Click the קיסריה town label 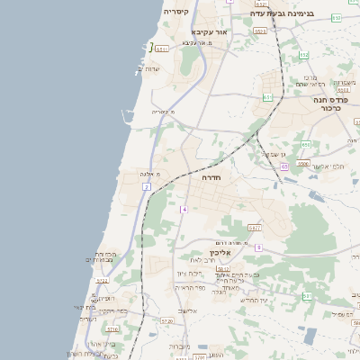175,12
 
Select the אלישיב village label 186,310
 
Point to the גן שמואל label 274,154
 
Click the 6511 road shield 162,49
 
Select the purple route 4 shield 184,209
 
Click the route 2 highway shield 146,186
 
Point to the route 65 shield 283,166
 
